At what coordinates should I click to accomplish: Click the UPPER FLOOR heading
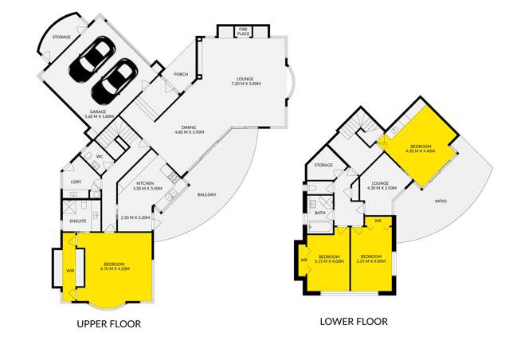tap(108, 324)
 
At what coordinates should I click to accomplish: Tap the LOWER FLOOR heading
tap(354, 322)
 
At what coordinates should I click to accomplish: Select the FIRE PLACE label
tap(243, 33)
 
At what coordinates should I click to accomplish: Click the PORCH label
tap(180, 76)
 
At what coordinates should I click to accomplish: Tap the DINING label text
tap(189, 127)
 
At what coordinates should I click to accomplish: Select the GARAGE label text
tap(98, 112)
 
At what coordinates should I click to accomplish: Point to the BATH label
tap(320, 213)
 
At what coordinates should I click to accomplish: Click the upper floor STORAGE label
tap(61, 37)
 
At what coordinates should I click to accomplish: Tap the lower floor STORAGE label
tap(323, 165)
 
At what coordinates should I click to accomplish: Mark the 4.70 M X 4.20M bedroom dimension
tap(115, 269)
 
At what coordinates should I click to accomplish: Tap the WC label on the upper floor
tap(100, 155)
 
